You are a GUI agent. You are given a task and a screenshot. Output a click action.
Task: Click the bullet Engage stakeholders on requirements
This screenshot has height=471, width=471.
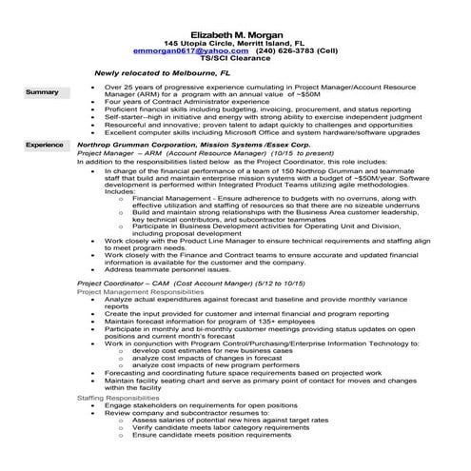pyautogui.click(x=197, y=405)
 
